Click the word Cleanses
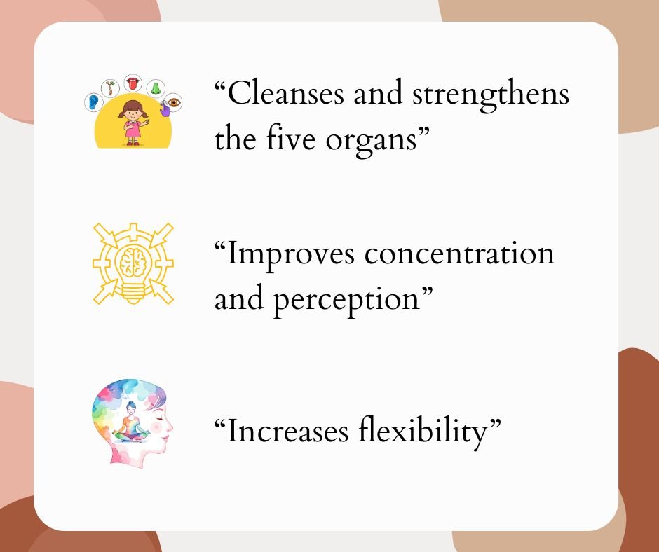point(285,93)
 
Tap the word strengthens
point(491,95)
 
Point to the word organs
point(371,142)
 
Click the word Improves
point(290,256)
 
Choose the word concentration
point(459,254)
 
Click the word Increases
point(287,431)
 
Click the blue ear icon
point(93,102)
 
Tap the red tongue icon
point(133,83)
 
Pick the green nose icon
point(156,88)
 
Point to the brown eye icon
point(173,102)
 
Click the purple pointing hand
point(164,109)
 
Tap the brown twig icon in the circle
point(110,88)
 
